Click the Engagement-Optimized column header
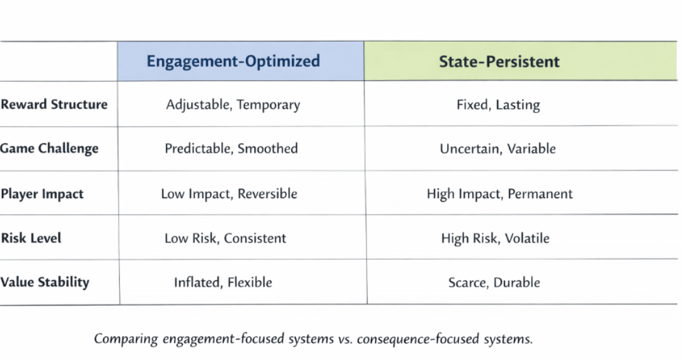pos(233,61)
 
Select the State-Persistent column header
pos(499,62)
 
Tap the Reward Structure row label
pos(54,104)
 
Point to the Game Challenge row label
pos(49,149)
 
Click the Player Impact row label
pos(42,194)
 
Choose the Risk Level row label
pos(31,238)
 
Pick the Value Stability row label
pos(45,282)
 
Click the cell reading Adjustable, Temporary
pos(233,105)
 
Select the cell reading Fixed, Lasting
pos(498,105)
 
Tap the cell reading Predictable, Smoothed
pos(231,149)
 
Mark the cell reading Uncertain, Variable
pos(498,149)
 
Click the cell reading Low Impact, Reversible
pos(229,194)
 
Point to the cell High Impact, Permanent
pos(499,194)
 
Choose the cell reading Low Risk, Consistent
pos(225,238)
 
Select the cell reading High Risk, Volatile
pos(495,238)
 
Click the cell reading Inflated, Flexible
pos(223,282)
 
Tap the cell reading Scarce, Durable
pos(494,282)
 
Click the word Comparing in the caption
pos(126,339)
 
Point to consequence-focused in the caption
pos(418,339)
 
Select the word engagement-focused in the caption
pos(223,339)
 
